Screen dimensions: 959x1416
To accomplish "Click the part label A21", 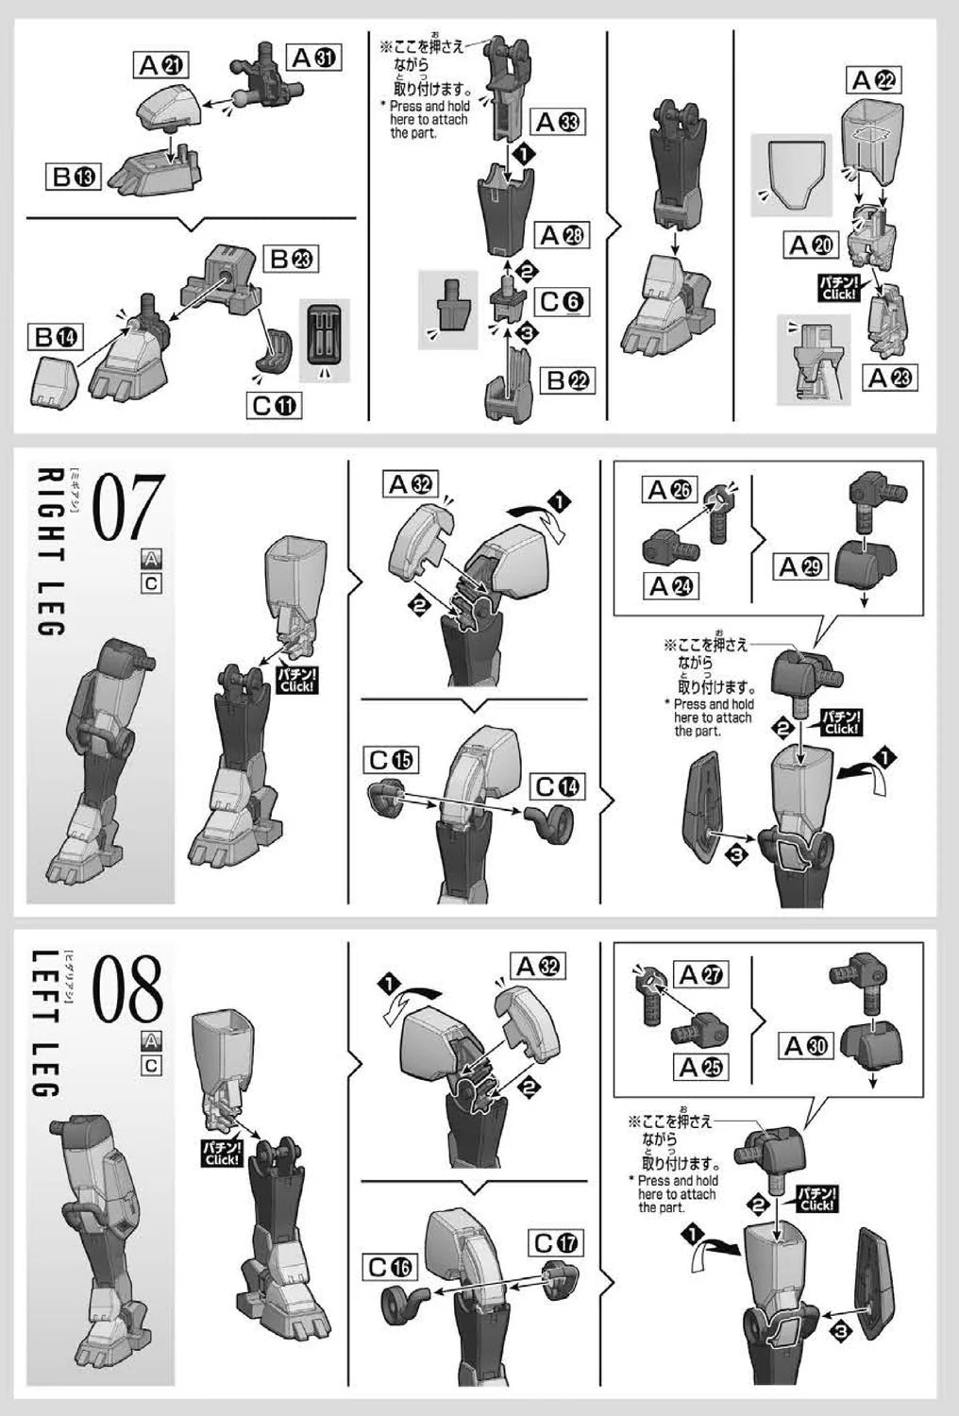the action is click(x=160, y=65).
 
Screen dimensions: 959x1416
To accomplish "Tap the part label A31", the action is click(x=314, y=58).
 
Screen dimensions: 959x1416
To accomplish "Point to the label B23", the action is click(x=290, y=259).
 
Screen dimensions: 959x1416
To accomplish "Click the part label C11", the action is click(x=274, y=405).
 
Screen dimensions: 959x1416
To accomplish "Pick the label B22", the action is click(x=567, y=379).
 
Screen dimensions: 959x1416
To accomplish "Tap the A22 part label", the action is click(x=874, y=80).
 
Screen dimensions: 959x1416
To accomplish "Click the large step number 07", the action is click(x=129, y=507).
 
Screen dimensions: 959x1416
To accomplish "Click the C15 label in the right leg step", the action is click(x=391, y=760).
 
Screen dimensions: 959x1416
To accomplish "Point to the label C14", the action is click(x=557, y=786).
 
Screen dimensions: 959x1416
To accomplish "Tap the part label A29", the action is click(x=800, y=566).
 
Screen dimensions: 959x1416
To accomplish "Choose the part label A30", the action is click(x=805, y=1046).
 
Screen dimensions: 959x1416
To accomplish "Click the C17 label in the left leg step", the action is click(x=556, y=1243).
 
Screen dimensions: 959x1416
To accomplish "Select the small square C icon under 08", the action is click(x=151, y=1065).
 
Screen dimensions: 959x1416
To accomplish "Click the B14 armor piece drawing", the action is click(x=55, y=379).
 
